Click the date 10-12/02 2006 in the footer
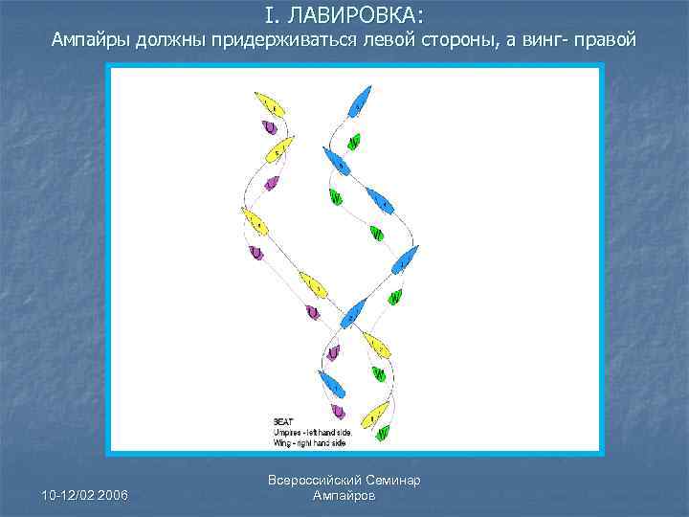pos(84,494)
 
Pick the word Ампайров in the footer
pos(344,496)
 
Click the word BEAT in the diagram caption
pos(283,419)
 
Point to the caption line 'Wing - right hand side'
pos(309,443)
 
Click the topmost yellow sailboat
pos(265,103)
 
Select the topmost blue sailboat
pos(359,99)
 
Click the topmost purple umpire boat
pos(270,127)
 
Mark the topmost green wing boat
pos(354,142)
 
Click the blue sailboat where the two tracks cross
pos(352,312)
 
